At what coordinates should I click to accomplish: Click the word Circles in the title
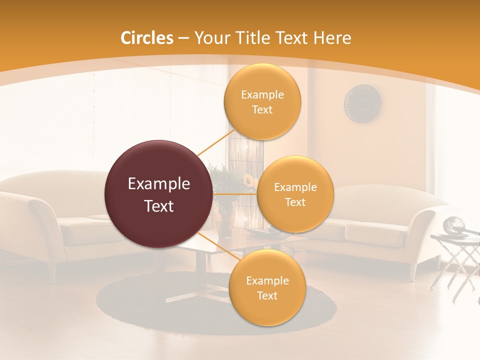tap(146, 38)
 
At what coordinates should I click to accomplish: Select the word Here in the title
tap(332, 38)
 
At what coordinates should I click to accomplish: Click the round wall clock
tap(362, 103)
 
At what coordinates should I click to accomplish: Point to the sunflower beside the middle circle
tap(248, 179)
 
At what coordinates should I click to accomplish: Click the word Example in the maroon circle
tap(159, 184)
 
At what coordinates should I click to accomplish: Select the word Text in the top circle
tap(262, 110)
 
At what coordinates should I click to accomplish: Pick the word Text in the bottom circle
tap(267, 295)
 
